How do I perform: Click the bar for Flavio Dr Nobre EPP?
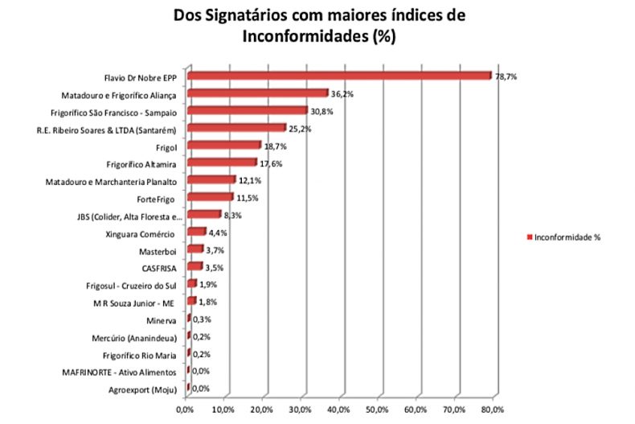(338, 76)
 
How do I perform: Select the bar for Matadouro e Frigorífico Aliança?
(257, 93)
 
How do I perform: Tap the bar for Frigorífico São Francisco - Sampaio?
(247, 111)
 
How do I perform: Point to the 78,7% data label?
(506, 76)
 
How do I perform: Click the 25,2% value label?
(300, 129)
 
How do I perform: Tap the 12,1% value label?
(249, 180)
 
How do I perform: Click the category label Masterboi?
(158, 250)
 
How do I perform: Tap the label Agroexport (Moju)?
(142, 389)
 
